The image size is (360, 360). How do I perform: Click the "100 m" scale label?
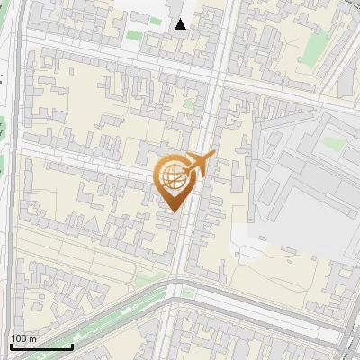tap(24, 338)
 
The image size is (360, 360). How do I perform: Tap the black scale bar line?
tap(41, 346)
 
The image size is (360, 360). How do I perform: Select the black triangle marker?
tap(181, 25)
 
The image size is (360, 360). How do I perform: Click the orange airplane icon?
tap(198, 164)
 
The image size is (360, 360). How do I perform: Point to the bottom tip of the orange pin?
tap(172, 212)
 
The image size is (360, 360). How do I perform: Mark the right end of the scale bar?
tap(72, 346)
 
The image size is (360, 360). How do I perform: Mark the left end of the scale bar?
tap(11, 346)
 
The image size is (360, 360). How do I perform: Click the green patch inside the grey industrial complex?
tap(334, 142)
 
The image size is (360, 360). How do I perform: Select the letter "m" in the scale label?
tap(33, 338)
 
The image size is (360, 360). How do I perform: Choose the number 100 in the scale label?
tap(20, 338)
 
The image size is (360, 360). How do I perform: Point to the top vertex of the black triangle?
tap(181, 19)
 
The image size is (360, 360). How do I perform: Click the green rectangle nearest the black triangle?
tap(133, 35)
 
